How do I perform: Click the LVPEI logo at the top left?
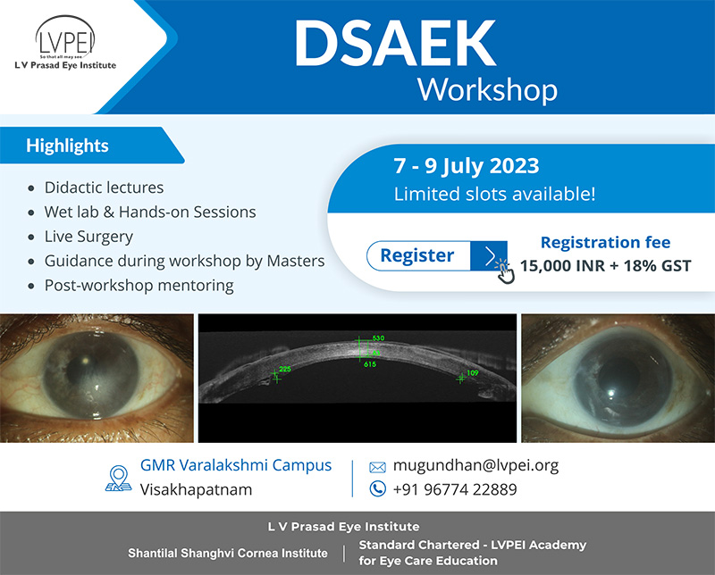point(65,42)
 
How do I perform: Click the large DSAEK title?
point(395,44)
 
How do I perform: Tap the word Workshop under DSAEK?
point(487,90)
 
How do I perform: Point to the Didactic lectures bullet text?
point(104,187)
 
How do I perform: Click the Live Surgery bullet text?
point(88,237)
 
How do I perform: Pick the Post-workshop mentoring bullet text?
point(139,286)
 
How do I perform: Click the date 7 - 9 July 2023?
point(467,166)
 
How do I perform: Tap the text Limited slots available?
point(495,194)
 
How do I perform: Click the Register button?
point(436,255)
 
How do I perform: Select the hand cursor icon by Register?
point(505,271)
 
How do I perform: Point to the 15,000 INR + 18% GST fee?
point(606,266)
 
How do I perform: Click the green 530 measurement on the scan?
point(378,338)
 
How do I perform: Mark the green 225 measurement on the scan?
point(285,369)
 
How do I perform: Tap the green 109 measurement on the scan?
point(473,372)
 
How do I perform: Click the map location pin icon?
point(119,479)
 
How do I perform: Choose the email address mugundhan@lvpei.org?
point(475,465)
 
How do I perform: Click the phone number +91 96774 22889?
point(455,489)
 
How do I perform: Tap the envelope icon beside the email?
point(377,467)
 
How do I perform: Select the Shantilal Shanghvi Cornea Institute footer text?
point(228,554)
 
